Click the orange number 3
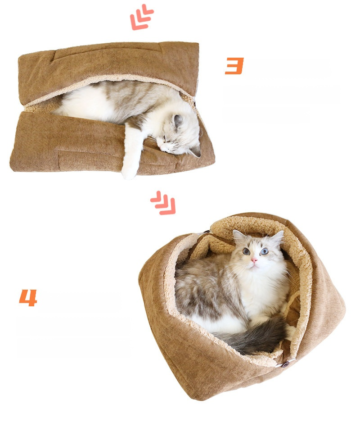click(234, 66)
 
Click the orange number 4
click(28, 298)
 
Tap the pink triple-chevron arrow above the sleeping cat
click(141, 17)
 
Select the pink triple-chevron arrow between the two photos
click(163, 203)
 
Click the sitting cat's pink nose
click(254, 260)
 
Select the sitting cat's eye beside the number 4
click(246, 251)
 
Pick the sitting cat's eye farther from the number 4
click(264, 251)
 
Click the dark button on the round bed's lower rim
click(286, 365)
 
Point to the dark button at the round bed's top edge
click(207, 232)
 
